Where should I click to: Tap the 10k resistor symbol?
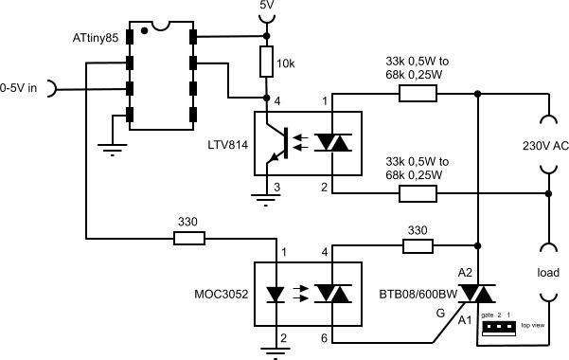266,63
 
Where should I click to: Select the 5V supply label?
268,6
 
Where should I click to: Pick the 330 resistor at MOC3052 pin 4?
418,247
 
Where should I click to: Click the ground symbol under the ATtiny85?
113,144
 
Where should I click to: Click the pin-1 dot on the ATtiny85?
144,30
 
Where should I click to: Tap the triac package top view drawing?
500,327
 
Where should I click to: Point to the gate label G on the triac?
438,311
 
